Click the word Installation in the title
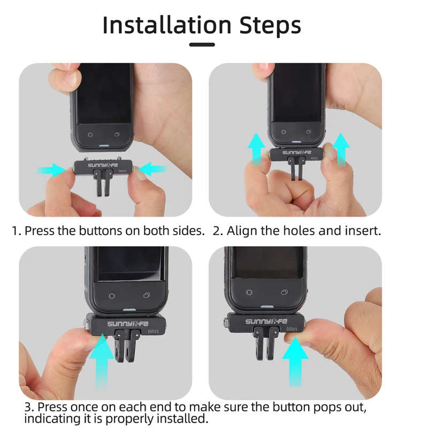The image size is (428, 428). click(x=167, y=25)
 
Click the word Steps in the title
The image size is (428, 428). click(x=270, y=25)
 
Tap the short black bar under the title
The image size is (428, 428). click(x=202, y=44)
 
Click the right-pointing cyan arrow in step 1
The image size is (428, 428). click(x=51, y=170)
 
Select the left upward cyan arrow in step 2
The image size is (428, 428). click(x=256, y=149)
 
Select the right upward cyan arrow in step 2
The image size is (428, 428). click(x=341, y=149)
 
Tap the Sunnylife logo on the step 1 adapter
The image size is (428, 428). click(x=103, y=165)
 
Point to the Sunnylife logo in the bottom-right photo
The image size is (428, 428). click(x=266, y=322)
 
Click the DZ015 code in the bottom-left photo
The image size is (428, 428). click(x=153, y=331)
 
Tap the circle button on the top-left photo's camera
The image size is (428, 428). click(x=90, y=135)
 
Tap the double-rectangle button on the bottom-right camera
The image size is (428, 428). click(x=284, y=292)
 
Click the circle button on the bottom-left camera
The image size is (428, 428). click(x=112, y=296)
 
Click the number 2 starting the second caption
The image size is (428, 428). click(x=216, y=231)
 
